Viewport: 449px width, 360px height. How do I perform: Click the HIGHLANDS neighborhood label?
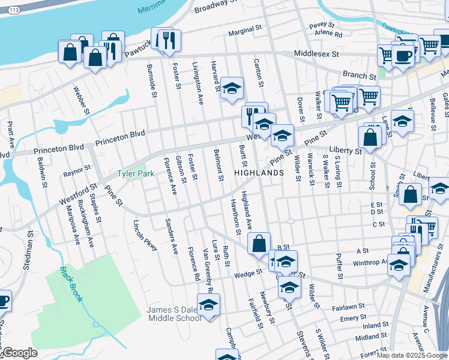click(258, 173)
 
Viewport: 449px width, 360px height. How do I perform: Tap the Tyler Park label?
click(135, 174)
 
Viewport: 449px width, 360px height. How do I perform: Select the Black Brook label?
click(71, 284)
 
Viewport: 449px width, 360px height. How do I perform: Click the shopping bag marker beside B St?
click(259, 243)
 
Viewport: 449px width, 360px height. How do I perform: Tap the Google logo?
click(20, 353)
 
